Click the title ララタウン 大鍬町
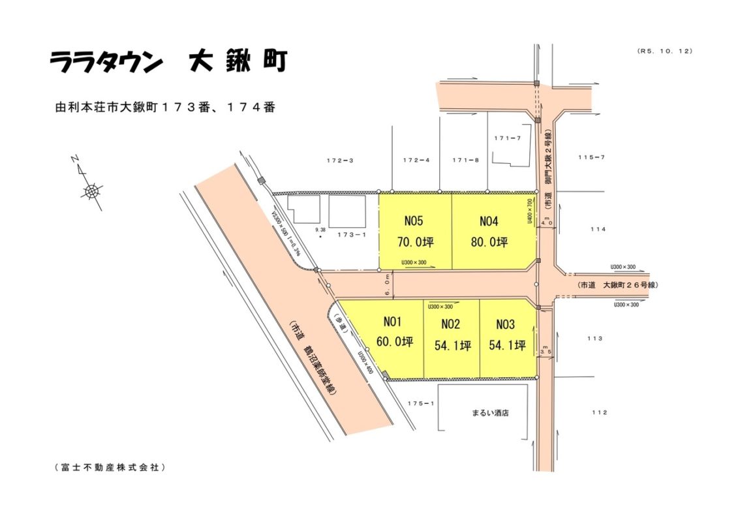pyautogui.click(x=168, y=62)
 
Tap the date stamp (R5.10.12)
pyautogui.click(x=664, y=51)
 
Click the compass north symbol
pyautogui.click(x=91, y=191)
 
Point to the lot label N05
pyautogui.click(x=415, y=221)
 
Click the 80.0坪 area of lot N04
pyautogui.click(x=489, y=242)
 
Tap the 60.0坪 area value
pyautogui.click(x=395, y=342)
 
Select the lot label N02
pyautogui.click(x=451, y=324)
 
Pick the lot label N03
pyautogui.click(x=506, y=324)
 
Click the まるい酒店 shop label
pyautogui.click(x=490, y=413)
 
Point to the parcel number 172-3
pyautogui.click(x=339, y=160)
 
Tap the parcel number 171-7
pyautogui.click(x=508, y=138)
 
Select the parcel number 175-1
pyautogui.click(x=421, y=404)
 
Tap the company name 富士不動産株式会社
pyautogui.click(x=109, y=467)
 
